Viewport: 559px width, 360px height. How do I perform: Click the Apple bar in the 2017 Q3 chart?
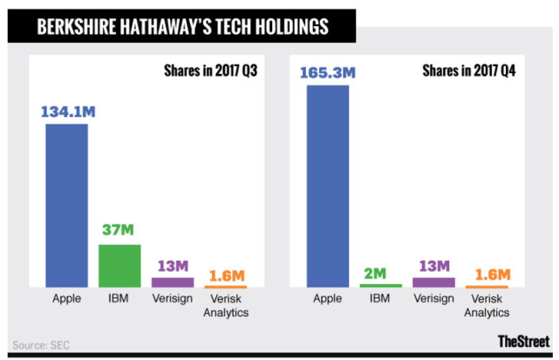pos(66,206)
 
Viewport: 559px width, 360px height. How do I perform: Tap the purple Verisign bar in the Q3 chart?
pos(173,282)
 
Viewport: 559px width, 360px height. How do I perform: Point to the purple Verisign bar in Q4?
pos(433,282)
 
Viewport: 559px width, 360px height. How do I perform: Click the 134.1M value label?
pos(66,111)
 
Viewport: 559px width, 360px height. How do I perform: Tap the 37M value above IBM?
pos(119,231)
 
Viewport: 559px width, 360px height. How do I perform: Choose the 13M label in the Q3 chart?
pos(173,264)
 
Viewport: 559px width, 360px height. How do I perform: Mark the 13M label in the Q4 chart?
pos(433,264)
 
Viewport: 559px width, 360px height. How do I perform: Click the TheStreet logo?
pos(523,341)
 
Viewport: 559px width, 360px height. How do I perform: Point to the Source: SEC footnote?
pos(41,344)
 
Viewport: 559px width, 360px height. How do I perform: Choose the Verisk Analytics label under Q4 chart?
pos(487,306)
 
